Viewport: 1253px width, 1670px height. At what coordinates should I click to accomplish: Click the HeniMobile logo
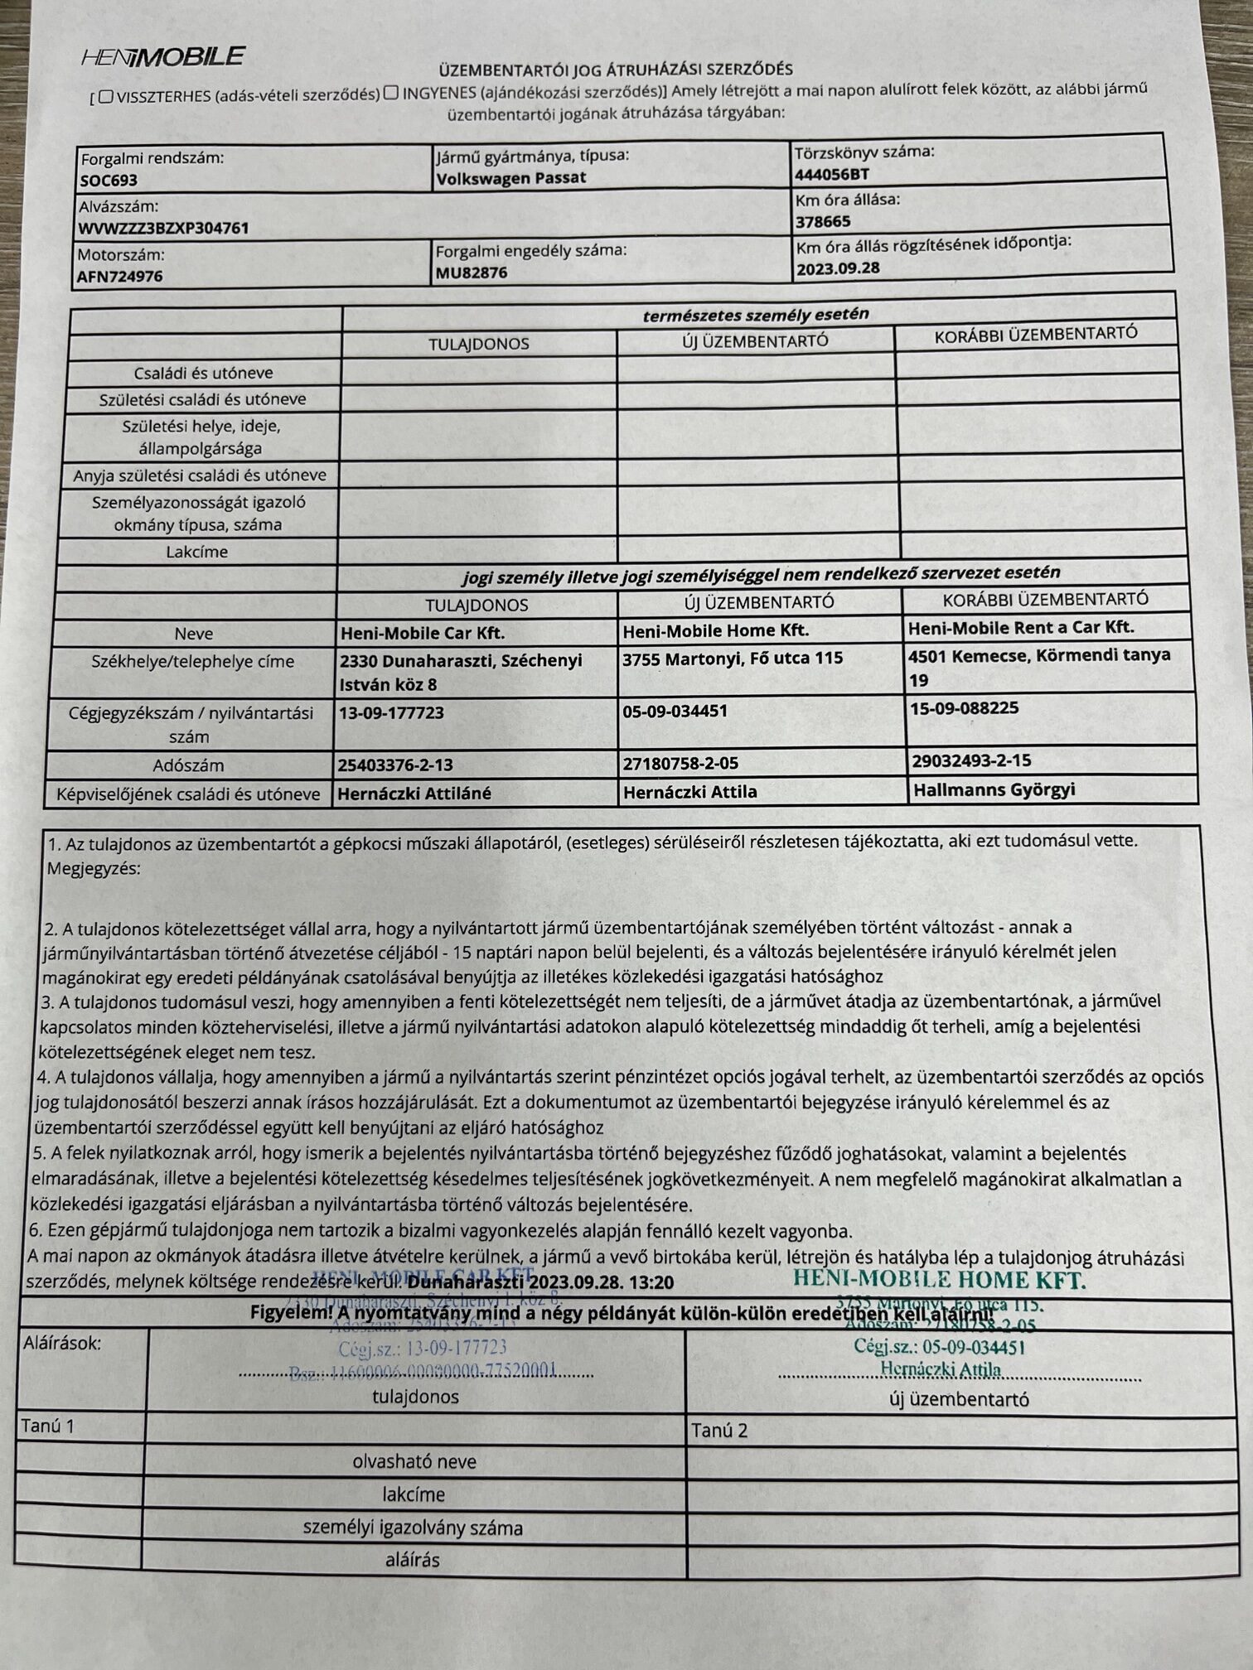tap(162, 56)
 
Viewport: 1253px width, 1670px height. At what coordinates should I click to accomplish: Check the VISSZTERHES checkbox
tap(105, 96)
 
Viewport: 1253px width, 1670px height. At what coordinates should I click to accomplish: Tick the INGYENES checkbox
tap(391, 92)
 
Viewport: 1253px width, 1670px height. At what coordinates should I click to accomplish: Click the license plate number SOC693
tap(109, 180)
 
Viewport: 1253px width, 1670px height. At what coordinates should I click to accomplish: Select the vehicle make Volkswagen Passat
tap(511, 177)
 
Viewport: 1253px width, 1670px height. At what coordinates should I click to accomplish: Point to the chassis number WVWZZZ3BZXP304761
tap(163, 228)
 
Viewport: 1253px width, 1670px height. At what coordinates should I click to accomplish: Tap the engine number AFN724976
tap(120, 277)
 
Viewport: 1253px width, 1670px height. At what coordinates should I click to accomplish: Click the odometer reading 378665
tap(823, 221)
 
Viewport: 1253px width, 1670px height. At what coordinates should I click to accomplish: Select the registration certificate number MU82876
tap(472, 273)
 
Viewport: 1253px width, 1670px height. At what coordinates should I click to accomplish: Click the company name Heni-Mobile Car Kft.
tap(423, 634)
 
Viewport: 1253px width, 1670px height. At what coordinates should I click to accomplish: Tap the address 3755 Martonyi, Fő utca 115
tap(733, 659)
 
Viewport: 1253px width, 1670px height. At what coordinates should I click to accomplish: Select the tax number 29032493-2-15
tap(970, 760)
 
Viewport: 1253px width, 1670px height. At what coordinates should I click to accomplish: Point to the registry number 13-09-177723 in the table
tap(391, 712)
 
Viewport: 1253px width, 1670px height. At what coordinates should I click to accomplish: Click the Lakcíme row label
tap(196, 552)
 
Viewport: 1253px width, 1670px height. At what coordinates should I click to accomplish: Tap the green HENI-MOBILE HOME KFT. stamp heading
tap(939, 1280)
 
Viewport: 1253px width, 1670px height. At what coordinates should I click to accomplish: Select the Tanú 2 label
tap(718, 1431)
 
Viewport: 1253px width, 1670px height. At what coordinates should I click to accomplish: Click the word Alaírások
tap(62, 1343)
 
